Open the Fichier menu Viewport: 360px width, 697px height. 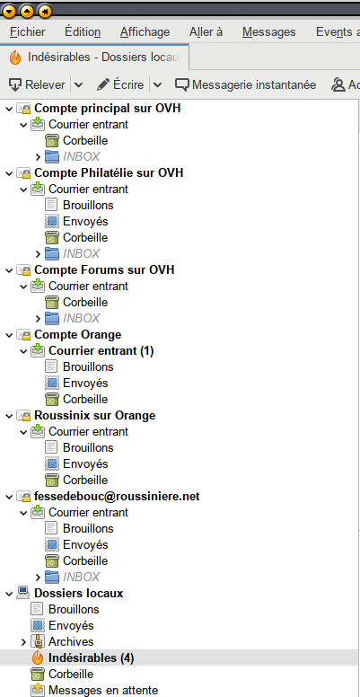tap(28, 32)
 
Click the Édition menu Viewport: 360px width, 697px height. tap(83, 32)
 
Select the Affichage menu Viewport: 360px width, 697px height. tap(145, 32)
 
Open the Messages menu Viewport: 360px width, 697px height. tap(269, 32)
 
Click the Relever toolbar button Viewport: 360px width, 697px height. tap(38, 84)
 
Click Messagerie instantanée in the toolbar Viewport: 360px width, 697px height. tap(245, 84)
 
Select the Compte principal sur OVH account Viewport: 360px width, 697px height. tap(107, 108)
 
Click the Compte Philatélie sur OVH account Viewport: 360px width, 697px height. tap(109, 172)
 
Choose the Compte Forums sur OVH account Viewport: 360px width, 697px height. tap(104, 269)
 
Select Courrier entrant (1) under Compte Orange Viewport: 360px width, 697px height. tap(101, 350)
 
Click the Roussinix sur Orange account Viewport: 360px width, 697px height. tap(94, 415)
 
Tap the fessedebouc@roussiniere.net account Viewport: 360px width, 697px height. tap(117, 496)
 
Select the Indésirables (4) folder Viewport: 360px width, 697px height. tap(91, 657)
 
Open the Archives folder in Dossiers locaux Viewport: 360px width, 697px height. tap(71, 642)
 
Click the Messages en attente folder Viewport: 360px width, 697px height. tap(103, 691)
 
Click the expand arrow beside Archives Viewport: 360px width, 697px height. tap(24, 642)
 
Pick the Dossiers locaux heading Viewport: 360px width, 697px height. tap(79, 594)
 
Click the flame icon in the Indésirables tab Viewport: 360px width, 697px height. tap(15, 57)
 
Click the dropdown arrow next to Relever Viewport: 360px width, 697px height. tap(78, 84)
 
